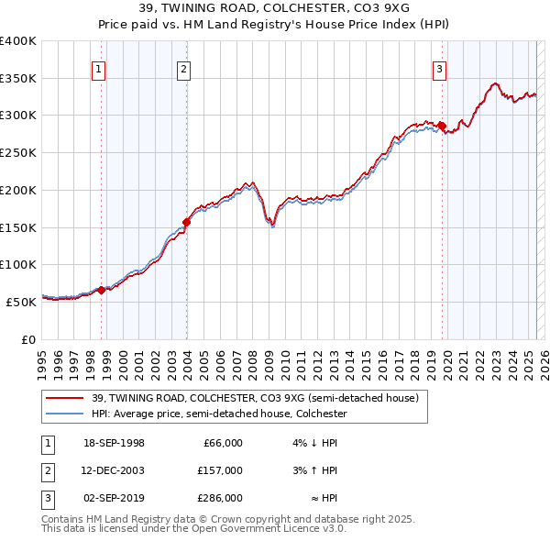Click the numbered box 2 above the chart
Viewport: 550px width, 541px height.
[x=183, y=67]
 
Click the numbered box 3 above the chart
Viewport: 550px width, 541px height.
[x=439, y=67]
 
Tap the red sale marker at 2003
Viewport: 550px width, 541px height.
[x=186, y=221]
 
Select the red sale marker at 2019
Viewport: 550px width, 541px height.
[x=442, y=126]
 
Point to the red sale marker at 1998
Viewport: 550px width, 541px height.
[x=102, y=290]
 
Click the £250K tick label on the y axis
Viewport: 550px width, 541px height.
[x=17, y=152]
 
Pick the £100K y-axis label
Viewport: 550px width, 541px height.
[x=17, y=264]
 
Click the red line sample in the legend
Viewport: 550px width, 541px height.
[x=65, y=398]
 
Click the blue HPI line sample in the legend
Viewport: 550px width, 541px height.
[x=65, y=414]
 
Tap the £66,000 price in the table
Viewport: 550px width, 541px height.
[x=223, y=443]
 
